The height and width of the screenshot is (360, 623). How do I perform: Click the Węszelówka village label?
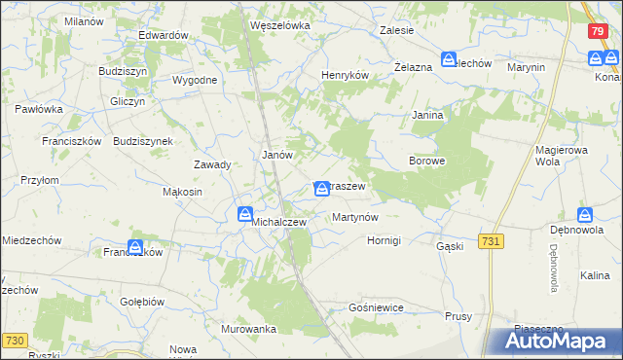[279, 25]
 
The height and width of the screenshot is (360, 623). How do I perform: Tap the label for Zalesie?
[396, 30]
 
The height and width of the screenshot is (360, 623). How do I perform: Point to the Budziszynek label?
[143, 140]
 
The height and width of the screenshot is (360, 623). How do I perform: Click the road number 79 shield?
[598, 31]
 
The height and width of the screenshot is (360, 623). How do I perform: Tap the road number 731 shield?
[491, 240]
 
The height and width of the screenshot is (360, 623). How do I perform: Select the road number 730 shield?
[14, 339]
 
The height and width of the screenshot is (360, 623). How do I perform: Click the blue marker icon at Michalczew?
[245, 213]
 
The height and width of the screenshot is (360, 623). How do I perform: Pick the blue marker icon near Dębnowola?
[584, 215]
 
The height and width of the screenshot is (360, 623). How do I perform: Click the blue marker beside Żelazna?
[449, 59]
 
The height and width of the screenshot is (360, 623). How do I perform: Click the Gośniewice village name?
[375, 307]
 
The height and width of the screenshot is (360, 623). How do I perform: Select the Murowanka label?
[248, 329]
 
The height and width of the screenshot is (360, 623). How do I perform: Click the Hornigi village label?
[390, 240]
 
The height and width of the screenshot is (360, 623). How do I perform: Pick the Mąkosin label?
[182, 192]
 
